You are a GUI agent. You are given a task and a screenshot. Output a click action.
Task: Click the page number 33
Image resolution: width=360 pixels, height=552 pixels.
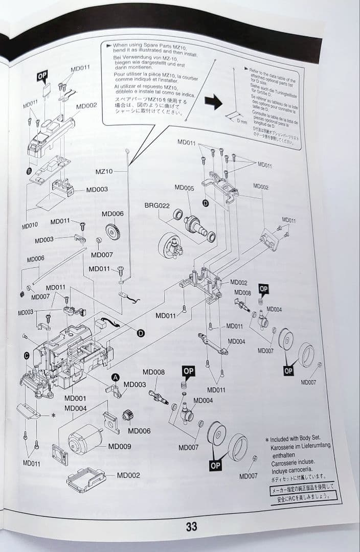coord(191,526)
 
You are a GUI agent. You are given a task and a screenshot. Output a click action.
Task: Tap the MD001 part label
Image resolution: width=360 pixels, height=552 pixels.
coord(75,398)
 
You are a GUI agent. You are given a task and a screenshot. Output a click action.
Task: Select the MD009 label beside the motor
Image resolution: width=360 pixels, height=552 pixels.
coord(119,446)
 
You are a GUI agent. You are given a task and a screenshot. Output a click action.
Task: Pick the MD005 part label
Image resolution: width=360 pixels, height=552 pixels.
coord(184,188)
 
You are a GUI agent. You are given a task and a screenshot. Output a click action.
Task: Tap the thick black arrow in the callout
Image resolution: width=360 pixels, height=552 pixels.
coord(213,102)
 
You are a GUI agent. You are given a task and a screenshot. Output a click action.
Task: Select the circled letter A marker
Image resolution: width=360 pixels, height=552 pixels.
coord(116,377)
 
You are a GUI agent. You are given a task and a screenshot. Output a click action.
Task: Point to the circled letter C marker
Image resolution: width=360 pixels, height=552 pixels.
coord(27,355)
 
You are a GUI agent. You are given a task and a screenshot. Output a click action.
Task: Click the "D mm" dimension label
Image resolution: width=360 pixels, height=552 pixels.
coord(241,122)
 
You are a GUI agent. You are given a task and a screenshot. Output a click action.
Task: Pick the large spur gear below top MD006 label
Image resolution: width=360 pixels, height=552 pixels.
coord(112,232)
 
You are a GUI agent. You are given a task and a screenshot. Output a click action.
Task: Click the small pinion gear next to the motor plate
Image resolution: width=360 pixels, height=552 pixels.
coord(128,415)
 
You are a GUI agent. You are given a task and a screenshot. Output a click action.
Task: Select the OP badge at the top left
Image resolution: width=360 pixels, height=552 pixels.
coord(42,77)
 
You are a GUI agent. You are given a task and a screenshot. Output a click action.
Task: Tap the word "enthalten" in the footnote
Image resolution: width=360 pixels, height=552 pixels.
coord(284,454)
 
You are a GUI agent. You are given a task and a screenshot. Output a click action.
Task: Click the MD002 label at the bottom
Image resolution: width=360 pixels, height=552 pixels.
coord(128,475)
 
